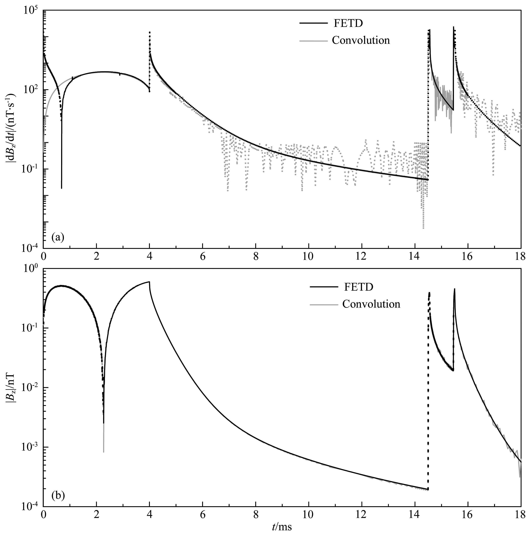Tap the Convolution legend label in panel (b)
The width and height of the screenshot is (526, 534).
(x=371, y=304)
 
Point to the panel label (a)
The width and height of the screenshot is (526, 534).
(x=58, y=237)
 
